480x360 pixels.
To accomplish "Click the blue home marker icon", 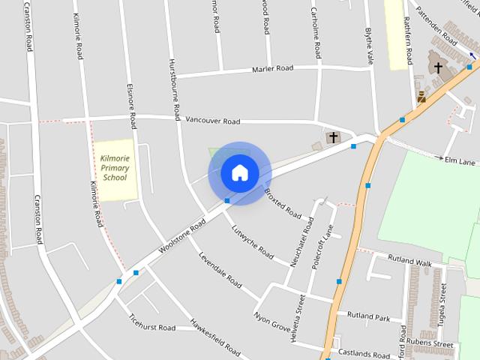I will [239, 172].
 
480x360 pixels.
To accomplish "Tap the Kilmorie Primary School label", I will [115, 168].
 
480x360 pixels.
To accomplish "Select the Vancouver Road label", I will [212, 121].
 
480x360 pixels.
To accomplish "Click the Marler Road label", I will [274, 68].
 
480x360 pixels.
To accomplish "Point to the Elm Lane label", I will [460, 160].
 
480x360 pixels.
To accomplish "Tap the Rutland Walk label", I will [409, 263].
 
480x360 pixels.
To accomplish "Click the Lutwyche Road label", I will [252, 242].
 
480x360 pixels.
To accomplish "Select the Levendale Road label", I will [220, 270].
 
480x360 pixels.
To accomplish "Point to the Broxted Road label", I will [283, 202].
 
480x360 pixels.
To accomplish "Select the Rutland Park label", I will [368, 316].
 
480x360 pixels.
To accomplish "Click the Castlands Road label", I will [364, 353].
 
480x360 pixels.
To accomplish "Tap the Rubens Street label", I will [433, 345].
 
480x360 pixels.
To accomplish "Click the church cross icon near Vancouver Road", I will [332, 137].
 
